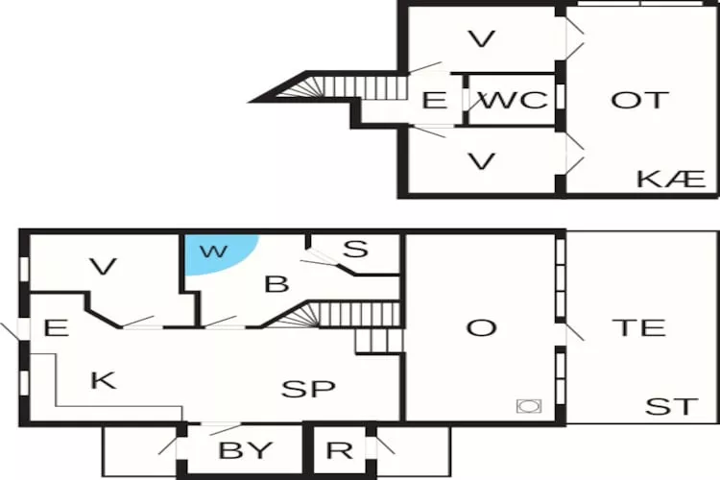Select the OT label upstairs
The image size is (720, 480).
tap(639, 100)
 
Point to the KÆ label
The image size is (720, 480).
tap(671, 179)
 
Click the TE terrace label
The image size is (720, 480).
tap(638, 327)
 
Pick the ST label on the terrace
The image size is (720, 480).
tap(671, 406)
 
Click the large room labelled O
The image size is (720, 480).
tap(481, 328)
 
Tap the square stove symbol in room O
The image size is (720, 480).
tap(529, 406)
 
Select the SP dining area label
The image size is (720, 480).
tap(308, 389)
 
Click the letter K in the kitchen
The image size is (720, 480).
tap(104, 380)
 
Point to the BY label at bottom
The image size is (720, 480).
tap(246, 450)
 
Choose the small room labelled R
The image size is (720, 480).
tap(339, 450)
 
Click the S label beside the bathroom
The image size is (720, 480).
tap(356, 249)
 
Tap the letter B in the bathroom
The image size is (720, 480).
tap(276, 284)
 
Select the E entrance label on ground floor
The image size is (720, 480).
tap(56, 328)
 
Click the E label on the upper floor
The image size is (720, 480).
tap(434, 100)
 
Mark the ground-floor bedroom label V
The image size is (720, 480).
tap(104, 267)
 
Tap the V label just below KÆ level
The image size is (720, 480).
tap(482, 161)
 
